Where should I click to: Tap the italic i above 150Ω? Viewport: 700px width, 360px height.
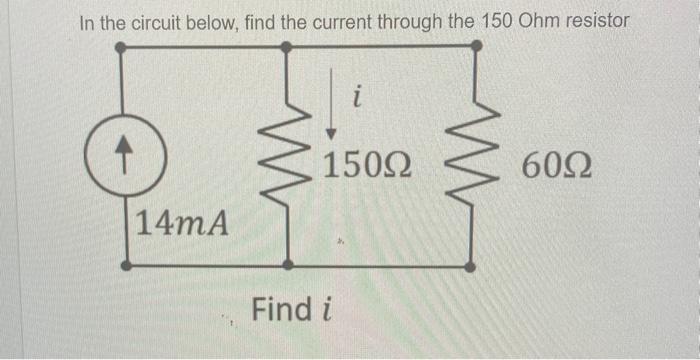pos(357,98)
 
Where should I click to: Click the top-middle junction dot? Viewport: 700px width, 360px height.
pos(288,47)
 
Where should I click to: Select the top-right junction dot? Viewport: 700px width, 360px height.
pos(476,46)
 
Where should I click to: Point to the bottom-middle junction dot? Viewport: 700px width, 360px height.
pos(289,266)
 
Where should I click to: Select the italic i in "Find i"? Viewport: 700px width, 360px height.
pos(327,309)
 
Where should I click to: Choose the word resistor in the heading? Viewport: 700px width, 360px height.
pos(597,21)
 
